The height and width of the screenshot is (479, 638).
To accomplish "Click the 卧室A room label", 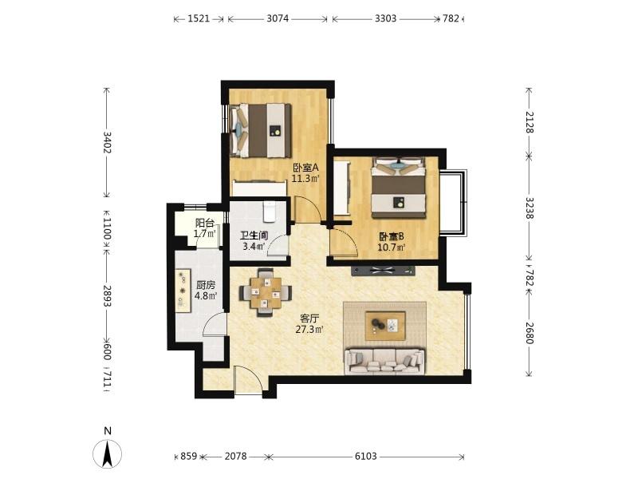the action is [305, 168].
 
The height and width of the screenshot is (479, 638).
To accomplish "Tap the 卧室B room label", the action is [392, 236].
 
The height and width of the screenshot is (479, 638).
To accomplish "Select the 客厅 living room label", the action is [309, 319].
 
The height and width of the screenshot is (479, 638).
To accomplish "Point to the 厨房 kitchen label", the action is [206, 285].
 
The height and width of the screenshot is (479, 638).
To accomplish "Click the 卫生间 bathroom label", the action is [254, 236].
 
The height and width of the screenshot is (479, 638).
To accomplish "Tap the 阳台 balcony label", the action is [205, 224].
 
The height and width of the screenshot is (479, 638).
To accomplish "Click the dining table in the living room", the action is [266, 292].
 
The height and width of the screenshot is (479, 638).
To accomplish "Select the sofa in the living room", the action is [384, 362].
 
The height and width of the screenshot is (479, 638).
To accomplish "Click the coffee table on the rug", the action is [385, 326].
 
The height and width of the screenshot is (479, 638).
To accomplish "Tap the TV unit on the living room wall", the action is [383, 271].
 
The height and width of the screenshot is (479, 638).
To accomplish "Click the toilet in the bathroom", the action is [270, 212].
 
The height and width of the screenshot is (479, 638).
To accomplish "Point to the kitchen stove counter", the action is [183, 291].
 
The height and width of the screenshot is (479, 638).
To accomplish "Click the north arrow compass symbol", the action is [108, 453].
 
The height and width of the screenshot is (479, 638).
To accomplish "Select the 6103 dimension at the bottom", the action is [366, 457].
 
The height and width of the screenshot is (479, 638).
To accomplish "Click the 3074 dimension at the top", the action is [278, 18].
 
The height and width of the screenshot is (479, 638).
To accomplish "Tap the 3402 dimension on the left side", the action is [108, 142].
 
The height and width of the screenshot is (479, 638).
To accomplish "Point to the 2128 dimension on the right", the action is [529, 122].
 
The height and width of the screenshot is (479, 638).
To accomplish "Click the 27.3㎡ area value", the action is [309, 330].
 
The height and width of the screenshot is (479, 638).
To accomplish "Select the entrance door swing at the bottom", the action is [248, 380].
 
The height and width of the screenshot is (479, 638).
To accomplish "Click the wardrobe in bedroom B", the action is [342, 188].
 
